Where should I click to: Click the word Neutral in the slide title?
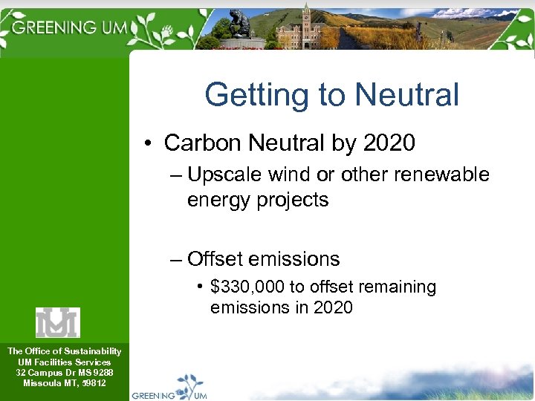click(407, 95)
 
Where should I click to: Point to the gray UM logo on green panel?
click(58, 322)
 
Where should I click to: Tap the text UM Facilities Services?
click(64, 362)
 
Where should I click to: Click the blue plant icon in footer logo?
click(189, 385)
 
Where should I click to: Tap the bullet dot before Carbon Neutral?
click(150, 143)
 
